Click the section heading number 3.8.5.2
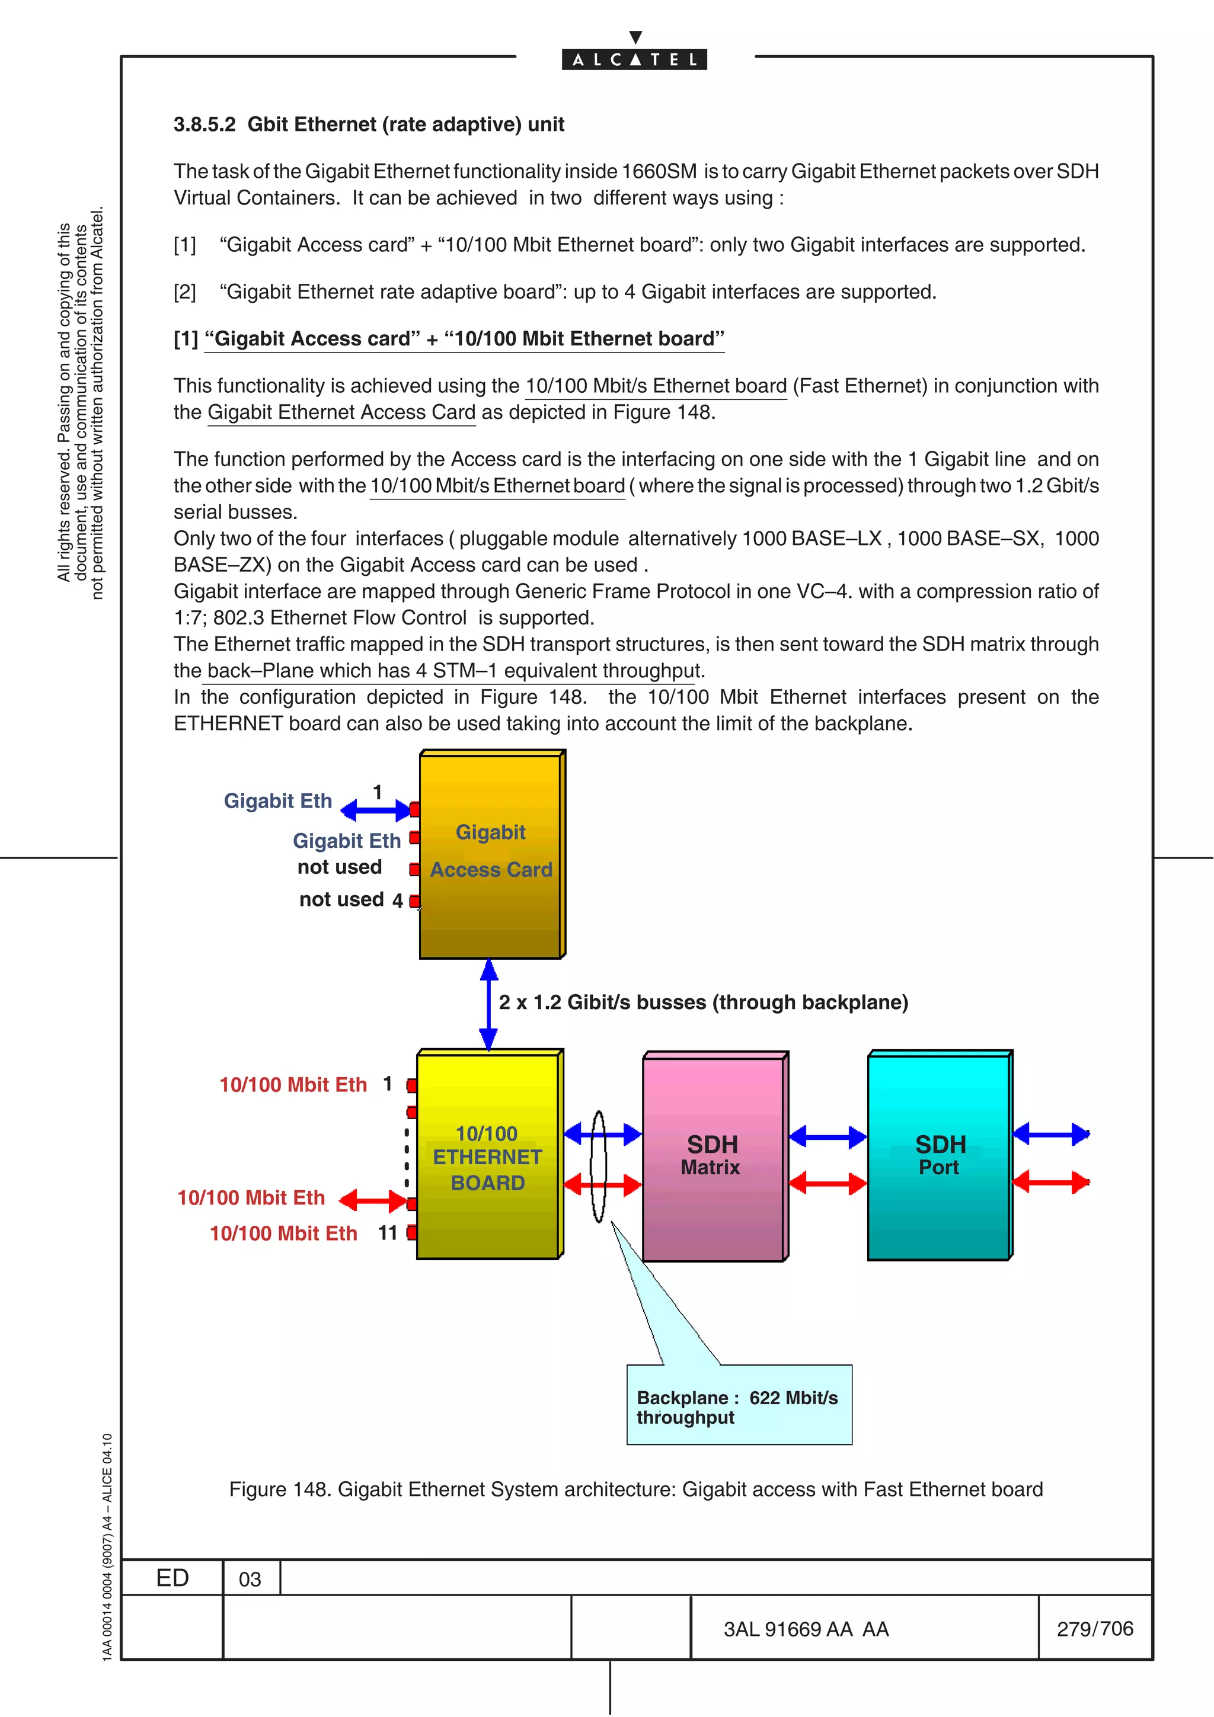204,124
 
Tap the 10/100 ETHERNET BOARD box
488,1156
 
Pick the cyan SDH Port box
939,1156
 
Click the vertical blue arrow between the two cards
488,1004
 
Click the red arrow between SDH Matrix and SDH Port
828,1183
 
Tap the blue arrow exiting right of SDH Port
1050,1135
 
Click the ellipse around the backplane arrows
598,1166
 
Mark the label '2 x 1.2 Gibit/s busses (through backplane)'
703,1002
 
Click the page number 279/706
1094,1628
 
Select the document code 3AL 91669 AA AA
806,1629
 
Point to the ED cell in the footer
172,1578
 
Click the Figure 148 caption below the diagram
636,1489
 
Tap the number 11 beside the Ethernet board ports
388,1232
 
